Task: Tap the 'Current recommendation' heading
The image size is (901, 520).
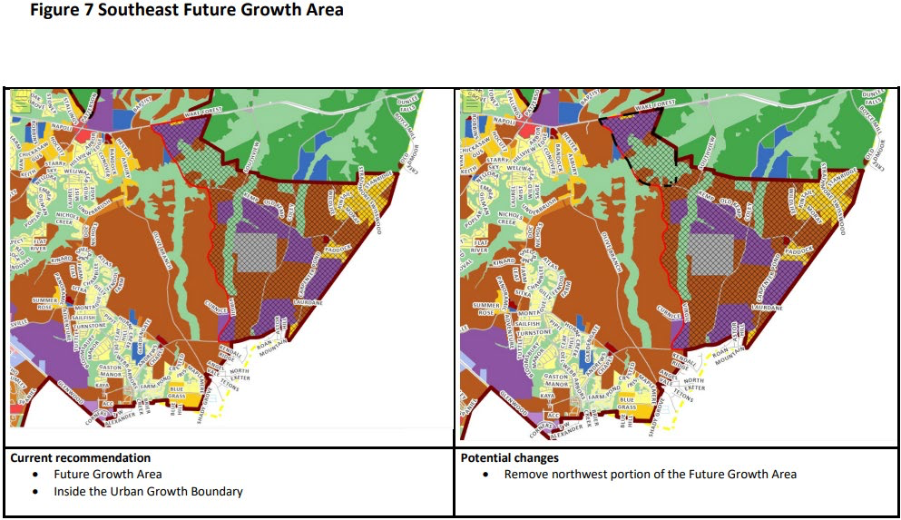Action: point(81,458)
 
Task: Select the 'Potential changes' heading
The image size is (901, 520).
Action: point(509,458)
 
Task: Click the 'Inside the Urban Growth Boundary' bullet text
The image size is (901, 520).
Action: point(148,492)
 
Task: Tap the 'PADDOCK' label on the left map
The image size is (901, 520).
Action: point(341,242)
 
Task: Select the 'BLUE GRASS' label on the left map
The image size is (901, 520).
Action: point(177,397)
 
